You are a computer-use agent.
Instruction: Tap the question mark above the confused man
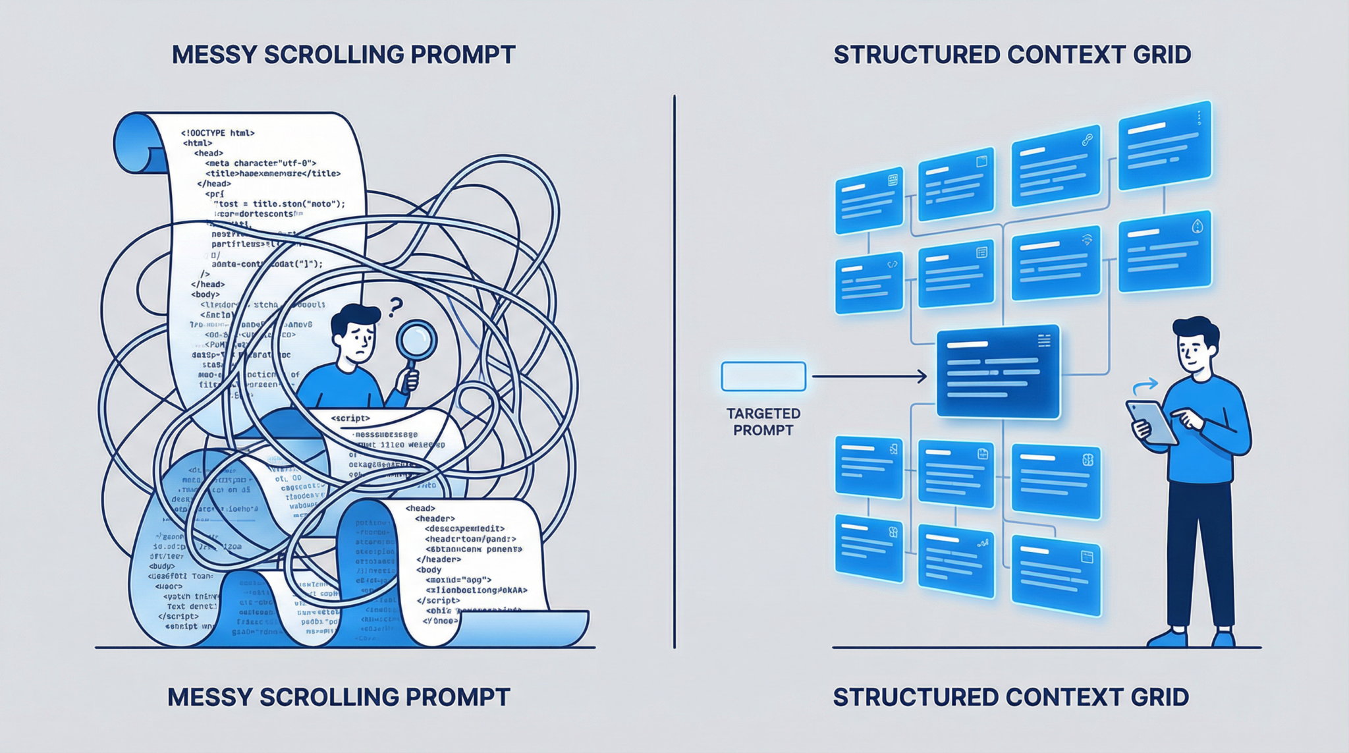pos(395,307)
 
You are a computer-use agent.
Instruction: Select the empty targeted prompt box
pos(763,377)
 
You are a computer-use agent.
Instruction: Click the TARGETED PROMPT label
pos(763,422)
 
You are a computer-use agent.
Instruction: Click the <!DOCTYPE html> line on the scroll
pos(218,133)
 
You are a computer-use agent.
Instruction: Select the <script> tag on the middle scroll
pos(350,418)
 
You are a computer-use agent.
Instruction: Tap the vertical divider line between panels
pos(674,369)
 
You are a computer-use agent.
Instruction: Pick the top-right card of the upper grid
pos(1165,146)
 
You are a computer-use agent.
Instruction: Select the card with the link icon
pos(1056,165)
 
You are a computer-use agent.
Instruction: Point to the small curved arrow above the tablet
pos(1145,386)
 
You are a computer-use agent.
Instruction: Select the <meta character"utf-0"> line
pos(261,163)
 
